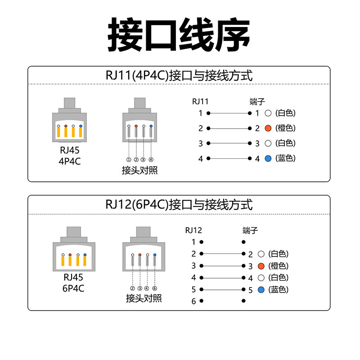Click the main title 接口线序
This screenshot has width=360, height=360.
179,35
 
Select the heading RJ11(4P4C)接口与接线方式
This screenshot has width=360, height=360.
179,75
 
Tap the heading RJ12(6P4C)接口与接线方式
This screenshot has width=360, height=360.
179,204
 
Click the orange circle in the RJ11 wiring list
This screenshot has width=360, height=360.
268,128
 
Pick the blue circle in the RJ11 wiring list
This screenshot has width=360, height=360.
268,158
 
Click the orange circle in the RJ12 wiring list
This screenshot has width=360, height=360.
261,266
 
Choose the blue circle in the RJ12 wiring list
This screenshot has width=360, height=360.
261,289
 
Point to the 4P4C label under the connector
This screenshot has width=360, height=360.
70,161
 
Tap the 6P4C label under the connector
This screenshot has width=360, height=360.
73,287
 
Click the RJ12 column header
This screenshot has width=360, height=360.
194,230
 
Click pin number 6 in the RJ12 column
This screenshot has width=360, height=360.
194,301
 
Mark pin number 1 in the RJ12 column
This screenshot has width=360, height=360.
194,242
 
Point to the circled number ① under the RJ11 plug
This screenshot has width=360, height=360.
129,160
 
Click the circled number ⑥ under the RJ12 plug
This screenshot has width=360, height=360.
154,288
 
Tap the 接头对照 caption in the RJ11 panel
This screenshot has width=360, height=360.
139,171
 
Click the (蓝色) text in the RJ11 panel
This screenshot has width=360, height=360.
286,158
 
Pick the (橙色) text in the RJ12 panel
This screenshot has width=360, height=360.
279,266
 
